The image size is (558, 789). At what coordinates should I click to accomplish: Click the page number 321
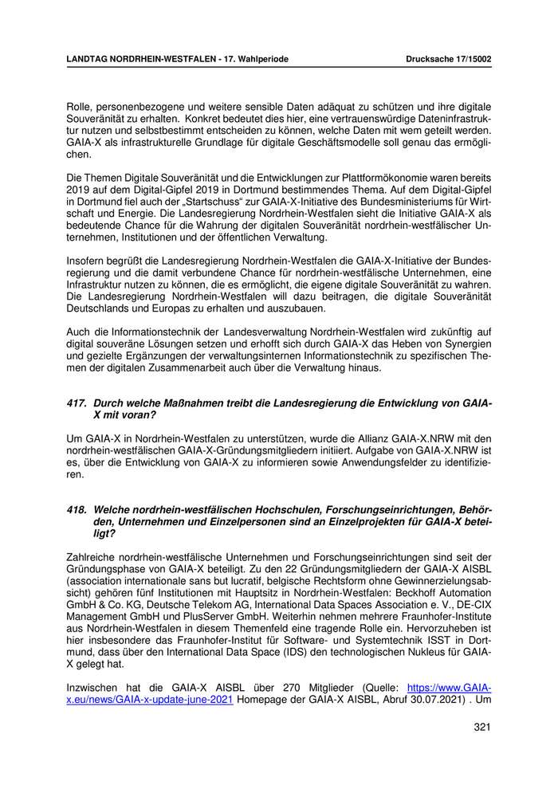[481, 727]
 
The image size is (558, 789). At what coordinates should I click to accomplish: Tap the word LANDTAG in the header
[88, 59]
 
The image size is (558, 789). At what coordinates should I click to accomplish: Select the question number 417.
[77, 404]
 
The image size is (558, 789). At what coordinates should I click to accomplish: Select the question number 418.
[77, 509]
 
